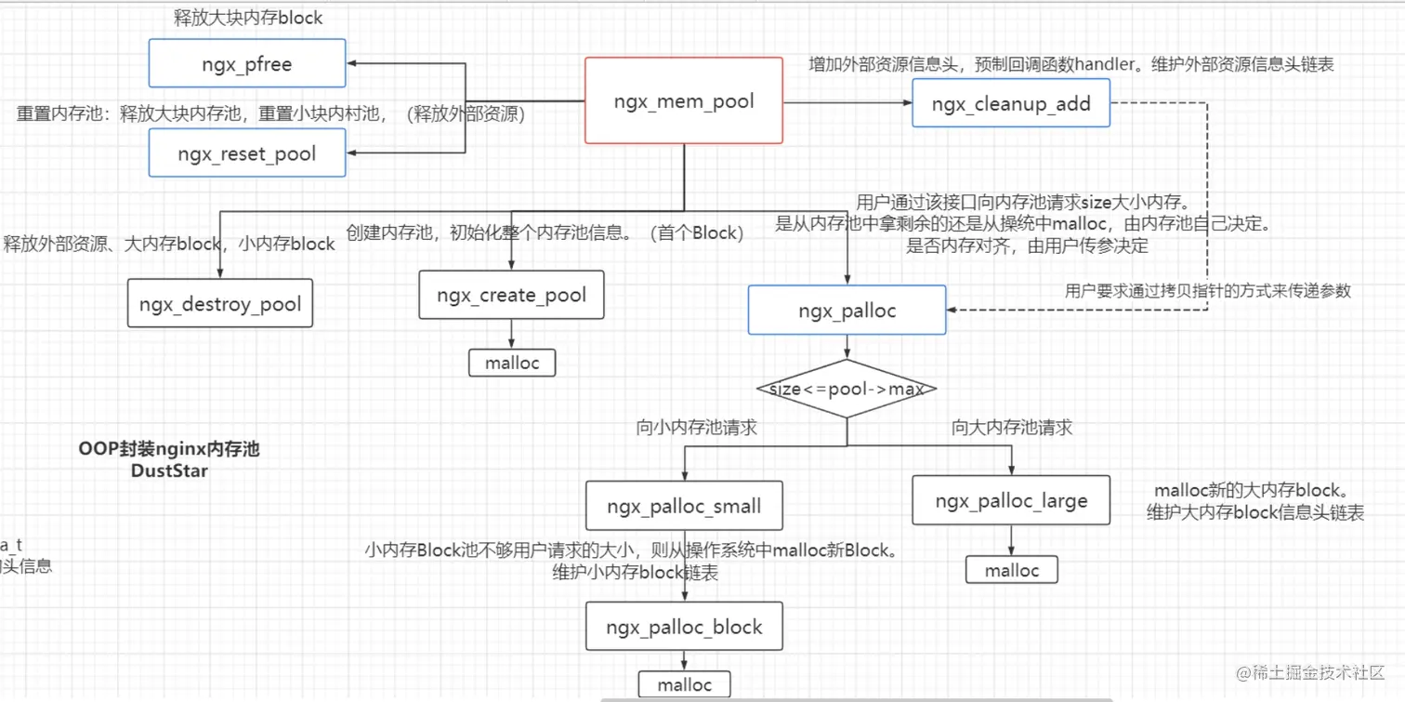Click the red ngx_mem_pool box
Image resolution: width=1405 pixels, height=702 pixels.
tap(683, 100)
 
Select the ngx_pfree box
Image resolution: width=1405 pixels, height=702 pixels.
tap(247, 64)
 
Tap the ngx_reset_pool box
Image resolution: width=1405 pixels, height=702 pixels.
tap(247, 153)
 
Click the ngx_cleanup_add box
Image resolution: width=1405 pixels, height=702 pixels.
tap(1011, 103)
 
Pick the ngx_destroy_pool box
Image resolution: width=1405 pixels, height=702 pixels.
tap(220, 304)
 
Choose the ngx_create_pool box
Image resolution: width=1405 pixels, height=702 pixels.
tap(511, 296)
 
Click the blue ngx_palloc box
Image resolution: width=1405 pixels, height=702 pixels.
tap(847, 311)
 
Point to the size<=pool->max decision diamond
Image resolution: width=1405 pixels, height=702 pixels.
tap(846, 389)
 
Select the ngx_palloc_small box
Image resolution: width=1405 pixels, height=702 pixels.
tap(684, 507)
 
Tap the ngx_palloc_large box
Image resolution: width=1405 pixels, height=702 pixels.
tap(1011, 501)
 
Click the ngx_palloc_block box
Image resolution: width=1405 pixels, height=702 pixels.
tap(684, 627)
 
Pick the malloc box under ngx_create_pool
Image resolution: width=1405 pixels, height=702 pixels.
tap(512, 363)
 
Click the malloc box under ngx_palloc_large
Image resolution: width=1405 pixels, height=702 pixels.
tap(1012, 570)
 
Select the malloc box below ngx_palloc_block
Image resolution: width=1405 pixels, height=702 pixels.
tap(684, 685)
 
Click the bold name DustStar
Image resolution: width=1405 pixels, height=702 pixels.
tap(169, 470)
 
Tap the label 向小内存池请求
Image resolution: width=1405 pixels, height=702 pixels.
tap(696, 428)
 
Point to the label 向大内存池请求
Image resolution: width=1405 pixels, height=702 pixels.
tap(1012, 428)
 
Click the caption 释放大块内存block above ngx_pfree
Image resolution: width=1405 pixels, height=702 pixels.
tap(248, 18)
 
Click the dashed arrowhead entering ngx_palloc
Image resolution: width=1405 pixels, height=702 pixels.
tap(952, 311)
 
